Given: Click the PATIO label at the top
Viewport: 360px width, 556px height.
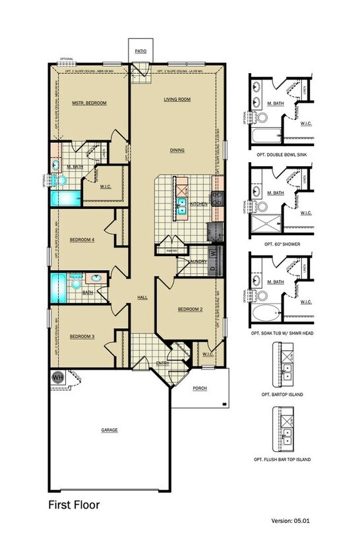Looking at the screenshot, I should [x=140, y=50].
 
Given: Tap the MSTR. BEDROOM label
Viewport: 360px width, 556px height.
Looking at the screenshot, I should [x=89, y=103].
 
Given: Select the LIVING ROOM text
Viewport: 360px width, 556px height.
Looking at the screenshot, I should [x=177, y=99].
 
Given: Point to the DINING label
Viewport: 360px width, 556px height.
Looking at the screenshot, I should [x=177, y=150].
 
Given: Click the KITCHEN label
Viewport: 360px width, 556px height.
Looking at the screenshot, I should [x=199, y=204].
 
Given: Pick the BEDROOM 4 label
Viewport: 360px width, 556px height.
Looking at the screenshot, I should [x=83, y=240].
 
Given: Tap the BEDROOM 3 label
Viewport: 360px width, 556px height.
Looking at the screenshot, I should [x=82, y=337].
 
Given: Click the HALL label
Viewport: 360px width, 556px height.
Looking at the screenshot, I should [x=142, y=297].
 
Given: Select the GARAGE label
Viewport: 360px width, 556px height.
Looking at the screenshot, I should [x=109, y=430].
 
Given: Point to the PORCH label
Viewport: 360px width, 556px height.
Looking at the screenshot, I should [x=200, y=388].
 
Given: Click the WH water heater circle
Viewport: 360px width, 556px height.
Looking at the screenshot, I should [x=57, y=377].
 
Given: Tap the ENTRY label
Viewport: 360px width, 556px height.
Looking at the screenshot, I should [x=162, y=363].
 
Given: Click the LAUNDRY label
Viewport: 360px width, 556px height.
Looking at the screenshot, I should [x=197, y=262].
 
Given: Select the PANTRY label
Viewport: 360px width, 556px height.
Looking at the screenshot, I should [x=172, y=251].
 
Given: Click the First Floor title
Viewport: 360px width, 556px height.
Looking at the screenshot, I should [x=74, y=505].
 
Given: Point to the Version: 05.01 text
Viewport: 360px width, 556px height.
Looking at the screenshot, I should [x=290, y=520].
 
